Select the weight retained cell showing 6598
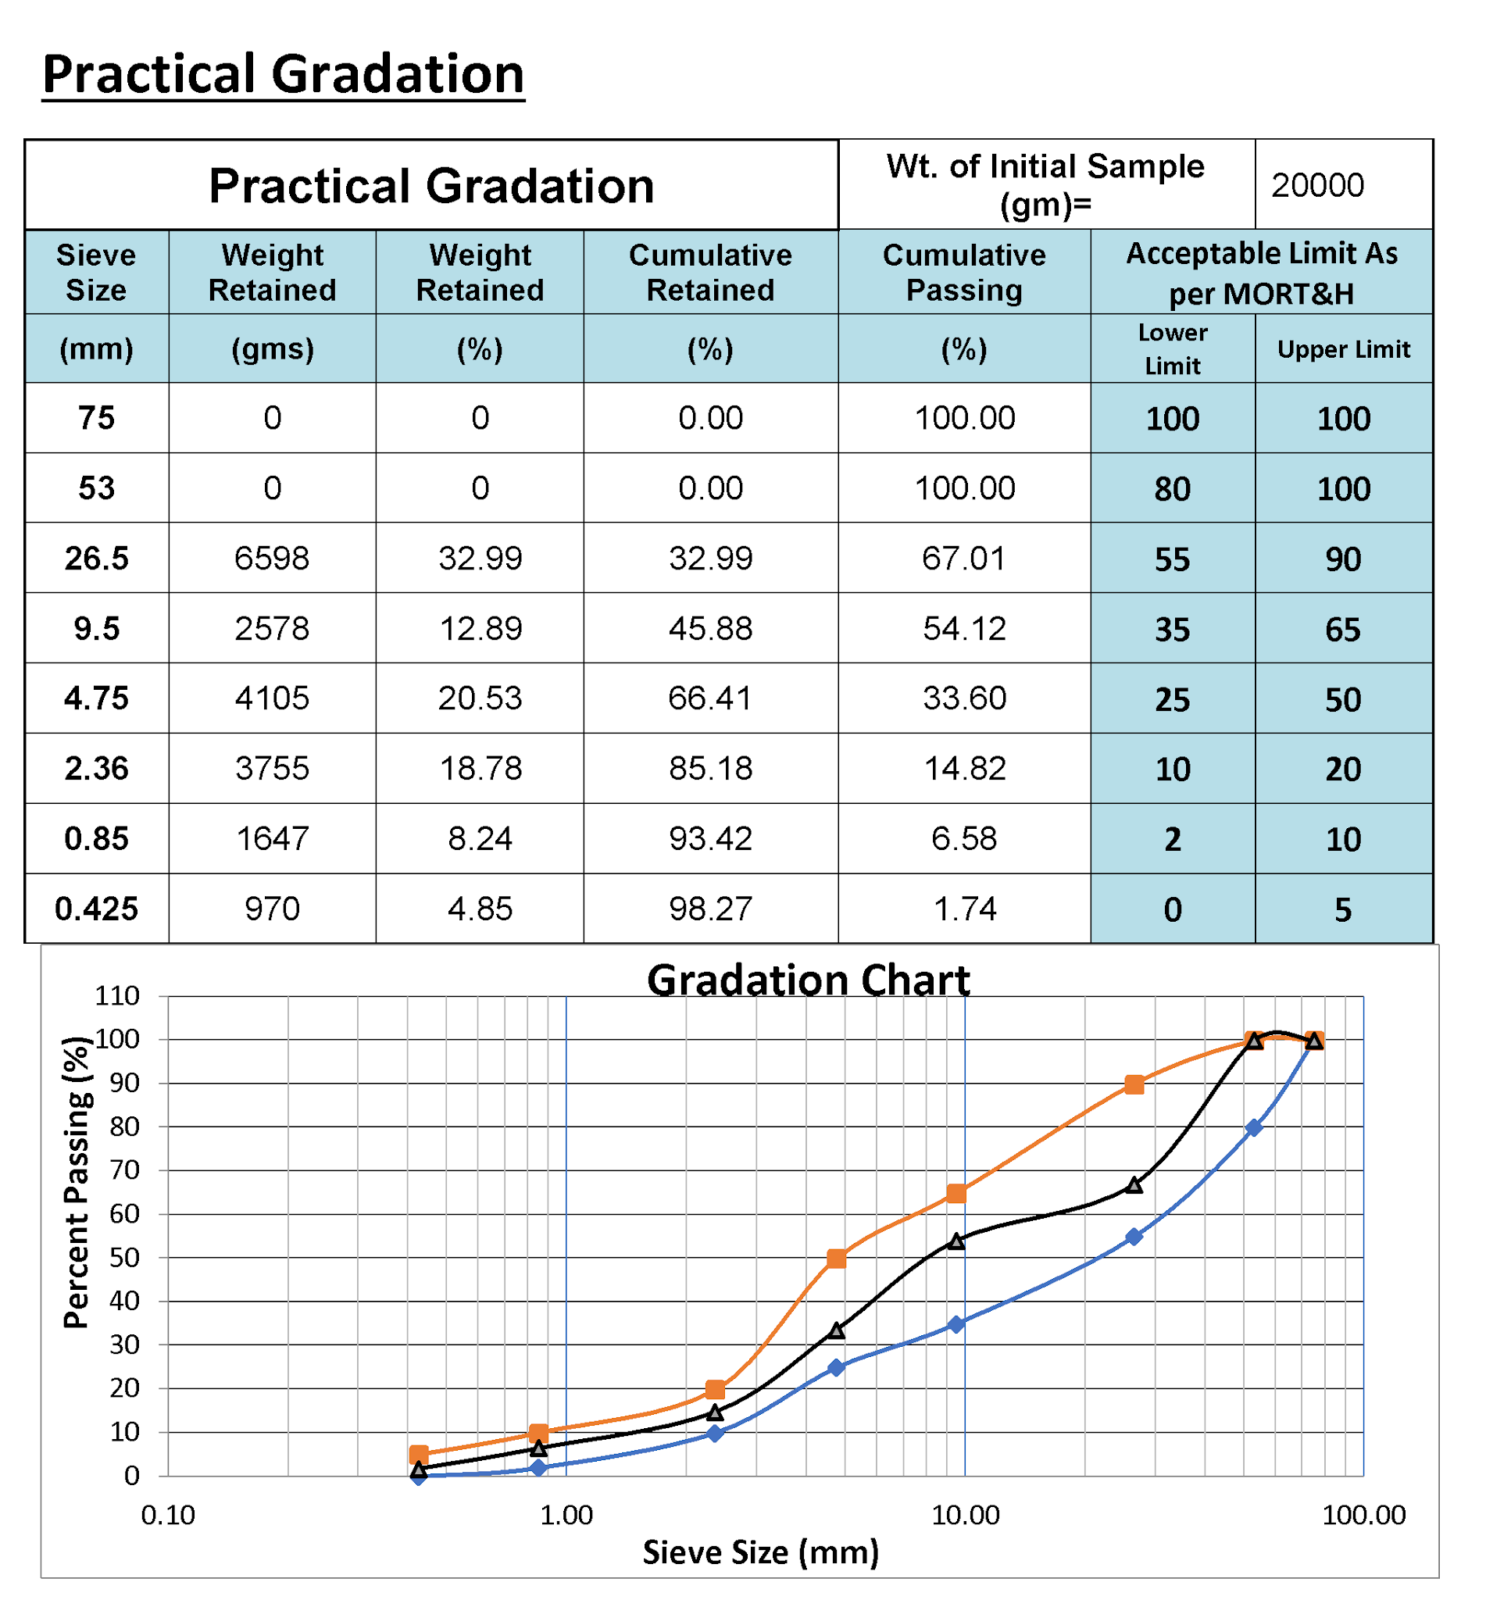272,558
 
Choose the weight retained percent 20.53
480,698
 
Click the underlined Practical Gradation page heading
283,74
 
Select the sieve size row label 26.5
97,558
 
